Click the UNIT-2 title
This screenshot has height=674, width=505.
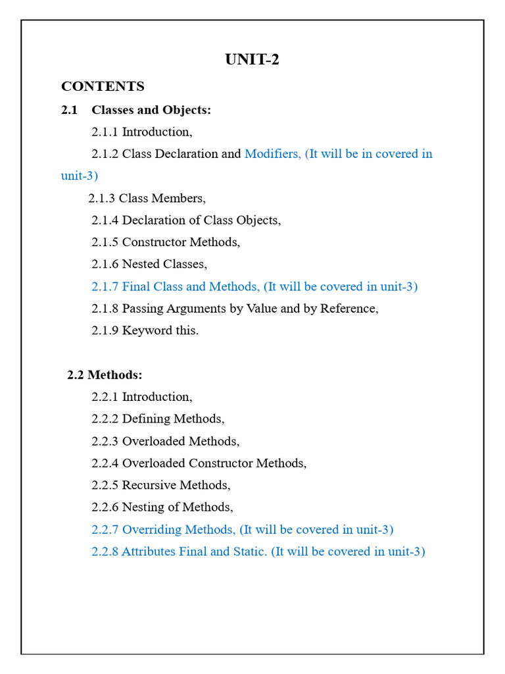[x=252, y=60]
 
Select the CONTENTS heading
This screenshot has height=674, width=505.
[x=103, y=86]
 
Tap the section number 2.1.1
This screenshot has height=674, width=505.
[x=105, y=132]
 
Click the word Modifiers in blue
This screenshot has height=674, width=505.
[x=272, y=153]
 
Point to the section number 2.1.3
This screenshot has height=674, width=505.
[x=102, y=197]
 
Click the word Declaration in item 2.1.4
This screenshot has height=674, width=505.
[x=155, y=220]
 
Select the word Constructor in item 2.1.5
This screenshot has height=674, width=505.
[x=154, y=242]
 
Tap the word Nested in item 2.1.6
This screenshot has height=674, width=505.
[x=140, y=264]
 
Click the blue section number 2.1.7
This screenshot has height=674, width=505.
[x=105, y=286]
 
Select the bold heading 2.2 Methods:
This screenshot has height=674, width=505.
[x=105, y=375]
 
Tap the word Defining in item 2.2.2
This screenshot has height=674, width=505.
[x=146, y=419]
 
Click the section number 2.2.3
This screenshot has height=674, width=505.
[x=105, y=441]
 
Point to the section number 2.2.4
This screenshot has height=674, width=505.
[x=105, y=463]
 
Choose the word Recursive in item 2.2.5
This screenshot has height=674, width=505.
[x=149, y=485]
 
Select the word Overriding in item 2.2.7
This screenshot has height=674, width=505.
[x=152, y=529]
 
